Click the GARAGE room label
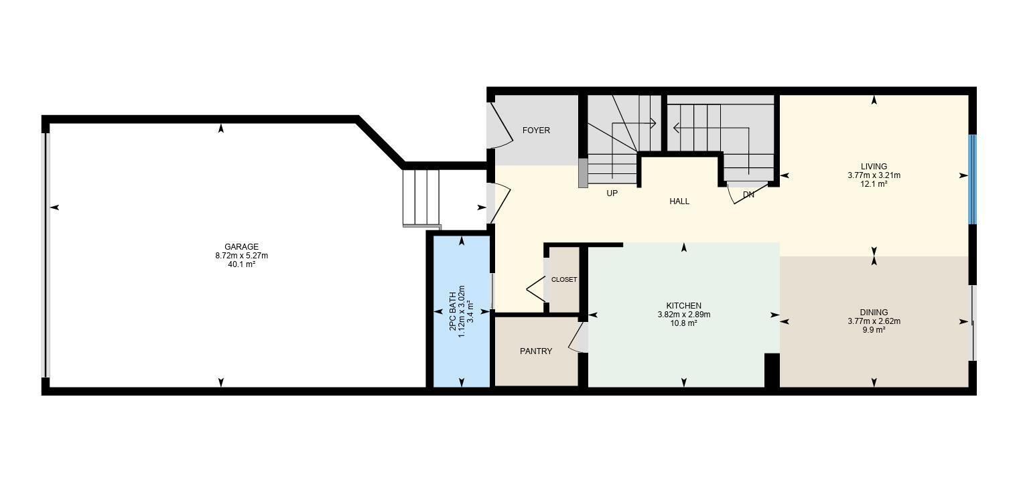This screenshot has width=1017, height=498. coord(241,247)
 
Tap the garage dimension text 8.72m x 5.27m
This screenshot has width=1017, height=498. coord(241,256)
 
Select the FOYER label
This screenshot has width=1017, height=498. coord(536,131)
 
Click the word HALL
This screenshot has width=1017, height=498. coord(679,201)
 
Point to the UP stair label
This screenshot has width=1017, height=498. coord(612,193)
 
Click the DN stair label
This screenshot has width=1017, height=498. coord(748,195)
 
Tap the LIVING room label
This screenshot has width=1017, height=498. coord(874,167)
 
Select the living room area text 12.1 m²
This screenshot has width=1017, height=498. coord(874,184)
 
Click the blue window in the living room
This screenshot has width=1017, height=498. coord(972,179)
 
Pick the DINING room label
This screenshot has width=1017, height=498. coord(874,313)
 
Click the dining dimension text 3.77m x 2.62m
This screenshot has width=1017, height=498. coord(874,321)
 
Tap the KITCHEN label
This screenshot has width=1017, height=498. coord(683,306)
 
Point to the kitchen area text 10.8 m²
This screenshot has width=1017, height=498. coord(683,323)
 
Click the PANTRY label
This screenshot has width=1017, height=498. coord(536,351)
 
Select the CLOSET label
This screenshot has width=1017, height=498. coord(563,280)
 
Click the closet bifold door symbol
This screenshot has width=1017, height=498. coord(536,289)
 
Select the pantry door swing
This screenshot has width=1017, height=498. coord(578,338)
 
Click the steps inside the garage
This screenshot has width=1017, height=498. coord(421,198)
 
